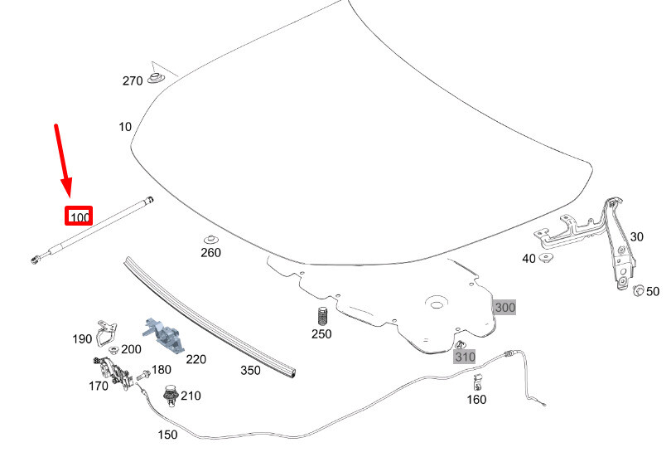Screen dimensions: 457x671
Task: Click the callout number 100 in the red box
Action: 80,217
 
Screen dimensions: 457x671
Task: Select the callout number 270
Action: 133,80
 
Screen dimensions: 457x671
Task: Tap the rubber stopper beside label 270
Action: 155,78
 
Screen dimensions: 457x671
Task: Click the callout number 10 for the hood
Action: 125,127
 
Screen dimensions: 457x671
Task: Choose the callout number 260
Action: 210,253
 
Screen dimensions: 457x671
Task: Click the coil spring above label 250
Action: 322,316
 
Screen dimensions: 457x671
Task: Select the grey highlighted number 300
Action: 504,308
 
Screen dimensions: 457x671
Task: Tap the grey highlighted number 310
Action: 464,357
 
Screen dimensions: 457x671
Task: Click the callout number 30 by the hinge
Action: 636,236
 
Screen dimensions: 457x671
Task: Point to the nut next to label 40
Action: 546,259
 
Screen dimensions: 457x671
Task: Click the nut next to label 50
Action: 639,290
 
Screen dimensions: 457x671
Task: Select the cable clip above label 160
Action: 477,382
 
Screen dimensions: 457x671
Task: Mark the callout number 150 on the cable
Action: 167,435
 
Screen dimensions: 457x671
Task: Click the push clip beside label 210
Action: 171,396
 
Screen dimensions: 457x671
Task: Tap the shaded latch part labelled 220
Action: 163,333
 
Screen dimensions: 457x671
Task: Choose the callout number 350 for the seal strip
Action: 250,371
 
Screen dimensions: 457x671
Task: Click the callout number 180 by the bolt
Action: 161,370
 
